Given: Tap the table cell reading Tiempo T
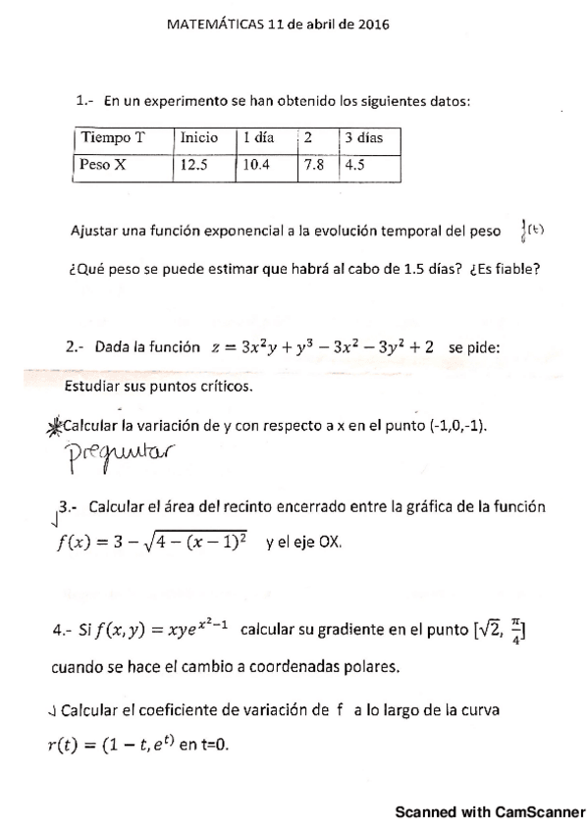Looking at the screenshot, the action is (x=113, y=137).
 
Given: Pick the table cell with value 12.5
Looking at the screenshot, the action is (x=194, y=165).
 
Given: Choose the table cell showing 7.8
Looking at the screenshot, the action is (x=314, y=165).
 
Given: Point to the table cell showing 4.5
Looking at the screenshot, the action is (x=353, y=165).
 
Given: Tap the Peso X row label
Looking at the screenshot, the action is (x=104, y=165).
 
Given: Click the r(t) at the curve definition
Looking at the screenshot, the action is (x=67, y=745).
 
